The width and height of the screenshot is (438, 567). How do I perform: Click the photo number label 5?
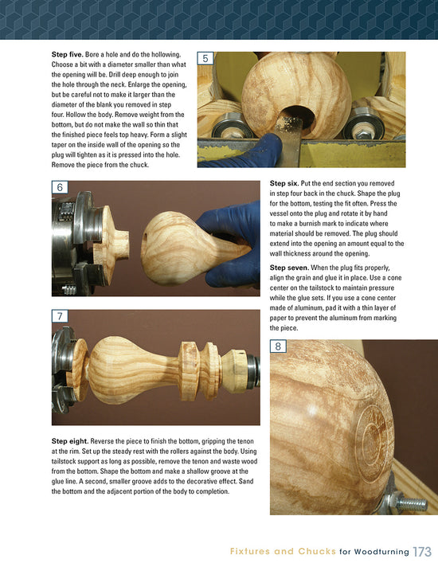(206, 59)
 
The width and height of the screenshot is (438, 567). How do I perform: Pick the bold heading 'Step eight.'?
(74, 440)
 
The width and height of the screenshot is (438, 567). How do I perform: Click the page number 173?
(422, 551)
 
